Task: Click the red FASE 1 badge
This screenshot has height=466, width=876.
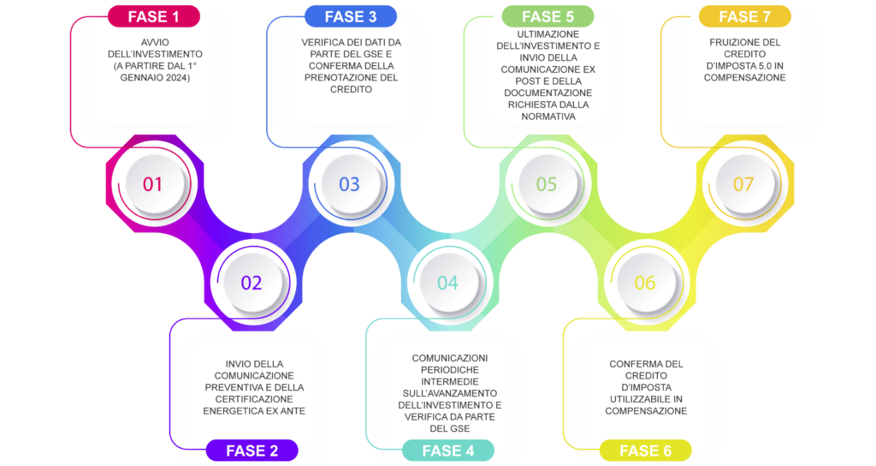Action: coord(154,17)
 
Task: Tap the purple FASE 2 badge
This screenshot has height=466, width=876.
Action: coord(252,451)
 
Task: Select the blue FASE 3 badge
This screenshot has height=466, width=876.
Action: coord(351,17)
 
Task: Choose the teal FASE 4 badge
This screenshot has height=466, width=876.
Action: coord(448,451)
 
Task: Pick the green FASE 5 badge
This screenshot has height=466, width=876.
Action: coord(548,17)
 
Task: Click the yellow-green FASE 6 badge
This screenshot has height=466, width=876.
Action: coord(645,451)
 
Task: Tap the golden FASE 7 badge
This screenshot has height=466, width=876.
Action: coord(745,17)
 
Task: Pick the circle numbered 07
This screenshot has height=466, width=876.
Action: coord(745,184)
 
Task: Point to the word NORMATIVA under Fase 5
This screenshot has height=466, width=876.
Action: coord(548,116)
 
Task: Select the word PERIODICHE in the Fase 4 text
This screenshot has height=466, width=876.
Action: coord(450,370)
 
